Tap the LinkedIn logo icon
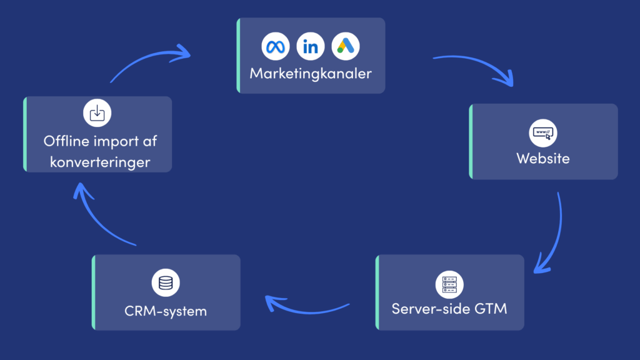click(x=310, y=46)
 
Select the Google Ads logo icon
click(x=346, y=46)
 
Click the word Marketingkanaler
click(x=311, y=74)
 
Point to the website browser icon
click(x=542, y=132)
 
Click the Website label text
click(x=542, y=159)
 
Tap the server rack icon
click(x=449, y=284)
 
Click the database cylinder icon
click(x=166, y=283)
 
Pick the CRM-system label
click(x=165, y=311)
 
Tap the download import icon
click(x=97, y=113)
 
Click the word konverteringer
click(x=100, y=162)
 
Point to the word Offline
click(x=65, y=141)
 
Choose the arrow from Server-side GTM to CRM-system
click(x=306, y=306)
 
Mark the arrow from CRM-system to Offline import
click(x=100, y=216)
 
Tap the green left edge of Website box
click(x=471, y=142)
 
